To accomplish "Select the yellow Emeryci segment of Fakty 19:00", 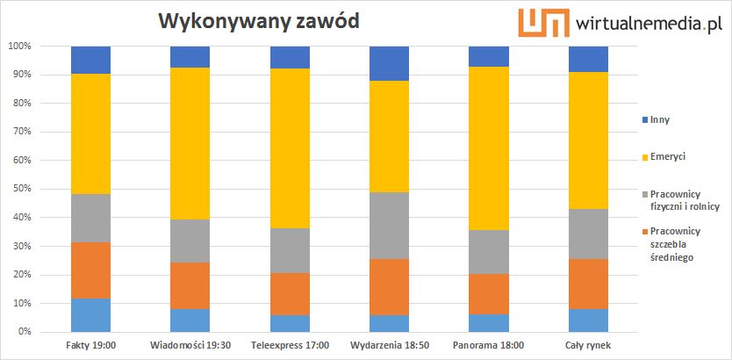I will (x=91, y=133).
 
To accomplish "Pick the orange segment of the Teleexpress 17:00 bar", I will (x=290, y=294).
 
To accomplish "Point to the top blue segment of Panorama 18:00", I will (x=489, y=56).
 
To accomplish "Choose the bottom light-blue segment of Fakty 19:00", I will (x=91, y=315).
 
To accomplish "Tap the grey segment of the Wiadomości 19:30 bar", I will (x=190, y=241).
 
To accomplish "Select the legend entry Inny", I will (x=659, y=119).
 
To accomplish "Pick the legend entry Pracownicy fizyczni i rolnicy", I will (x=685, y=200).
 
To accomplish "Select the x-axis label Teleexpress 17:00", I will (x=290, y=345).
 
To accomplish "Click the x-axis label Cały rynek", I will (x=588, y=345).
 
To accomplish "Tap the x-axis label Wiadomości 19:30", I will (x=190, y=345).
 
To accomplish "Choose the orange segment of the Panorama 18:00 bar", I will (x=489, y=294).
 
